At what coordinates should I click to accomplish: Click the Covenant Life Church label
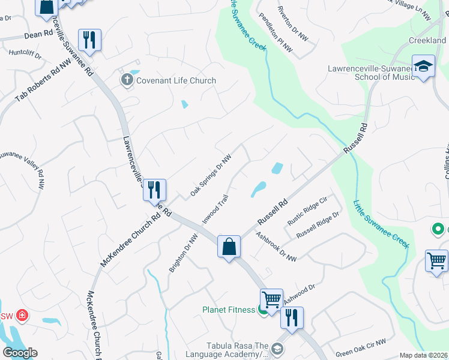coord(176,80)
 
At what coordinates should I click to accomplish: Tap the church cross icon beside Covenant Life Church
coord(127,80)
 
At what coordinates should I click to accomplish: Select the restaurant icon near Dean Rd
coord(89,40)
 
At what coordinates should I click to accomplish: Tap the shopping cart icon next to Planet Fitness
coord(271,299)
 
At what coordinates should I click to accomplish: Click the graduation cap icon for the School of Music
coord(423,65)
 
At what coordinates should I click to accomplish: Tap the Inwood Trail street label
coord(215,209)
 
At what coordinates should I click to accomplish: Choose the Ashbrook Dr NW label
coord(276,247)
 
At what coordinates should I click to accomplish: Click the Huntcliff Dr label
coord(25,54)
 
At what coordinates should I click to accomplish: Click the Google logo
coord(20,352)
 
